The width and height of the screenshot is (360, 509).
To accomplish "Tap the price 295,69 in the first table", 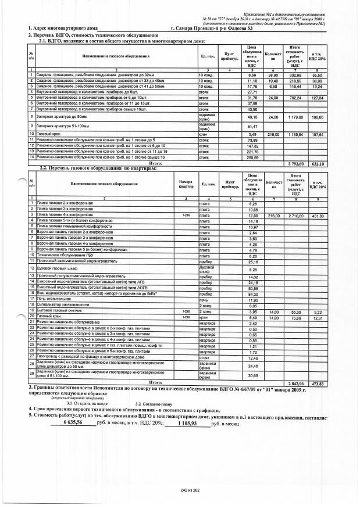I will click(x=252, y=157).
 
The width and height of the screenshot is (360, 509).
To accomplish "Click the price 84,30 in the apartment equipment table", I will click(x=252, y=294).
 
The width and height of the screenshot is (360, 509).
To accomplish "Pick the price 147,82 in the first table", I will click(x=252, y=146).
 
